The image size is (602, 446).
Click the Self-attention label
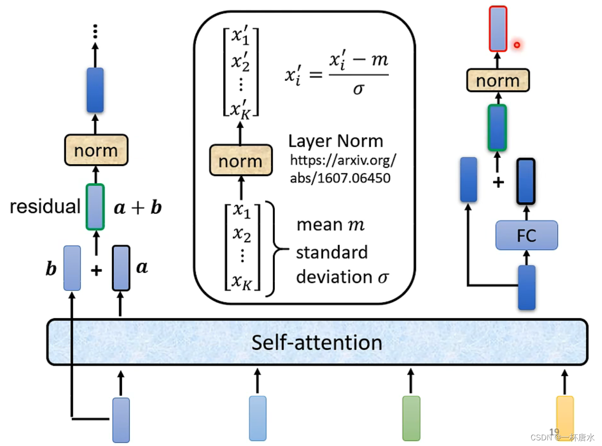pos(317,343)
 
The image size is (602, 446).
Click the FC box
pos(526,235)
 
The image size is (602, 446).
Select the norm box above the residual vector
pos(96,150)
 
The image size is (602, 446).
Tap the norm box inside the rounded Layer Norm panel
pos(241,161)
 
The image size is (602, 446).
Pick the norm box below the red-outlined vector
pos(498,80)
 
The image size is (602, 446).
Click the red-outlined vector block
pos(498,28)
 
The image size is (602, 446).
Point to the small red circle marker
pos(517,45)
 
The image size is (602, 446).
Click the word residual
pos(45,207)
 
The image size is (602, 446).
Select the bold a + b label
pos(138,207)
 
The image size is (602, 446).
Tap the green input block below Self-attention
pos(411,418)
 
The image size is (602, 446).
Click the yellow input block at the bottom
pos(564,418)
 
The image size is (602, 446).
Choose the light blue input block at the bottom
pos(258,418)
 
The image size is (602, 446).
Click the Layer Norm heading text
pos(336,141)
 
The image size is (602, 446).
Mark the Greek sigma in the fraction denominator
pos(358,88)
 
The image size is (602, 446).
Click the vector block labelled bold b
pos(72,267)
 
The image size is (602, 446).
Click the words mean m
pos(330,225)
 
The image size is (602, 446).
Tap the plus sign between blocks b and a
pos(96,270)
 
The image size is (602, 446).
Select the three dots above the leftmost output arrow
pos(95,31)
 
